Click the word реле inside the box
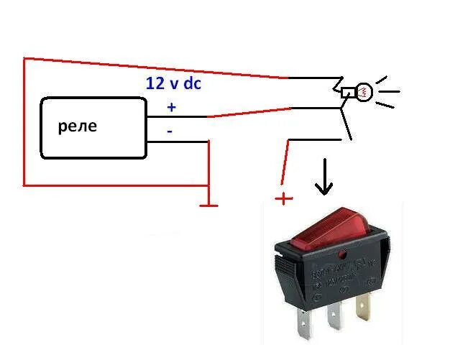click(77, 128)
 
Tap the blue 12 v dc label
click(173, 83)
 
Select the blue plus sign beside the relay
click(171, 107)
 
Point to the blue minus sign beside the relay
click(170, 131)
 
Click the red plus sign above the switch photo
click(285, 198)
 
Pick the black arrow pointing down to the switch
click(324, 178)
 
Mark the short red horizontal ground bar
click(208, 206)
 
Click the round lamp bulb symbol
click(364, 92)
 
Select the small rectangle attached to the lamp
click(348, 92)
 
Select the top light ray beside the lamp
click(382, 78)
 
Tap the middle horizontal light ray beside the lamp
click(392, 92)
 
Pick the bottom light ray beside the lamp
click(385, 106)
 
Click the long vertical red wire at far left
click(24, 122)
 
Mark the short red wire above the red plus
click(285, 162)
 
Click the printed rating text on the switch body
click(338, 274)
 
